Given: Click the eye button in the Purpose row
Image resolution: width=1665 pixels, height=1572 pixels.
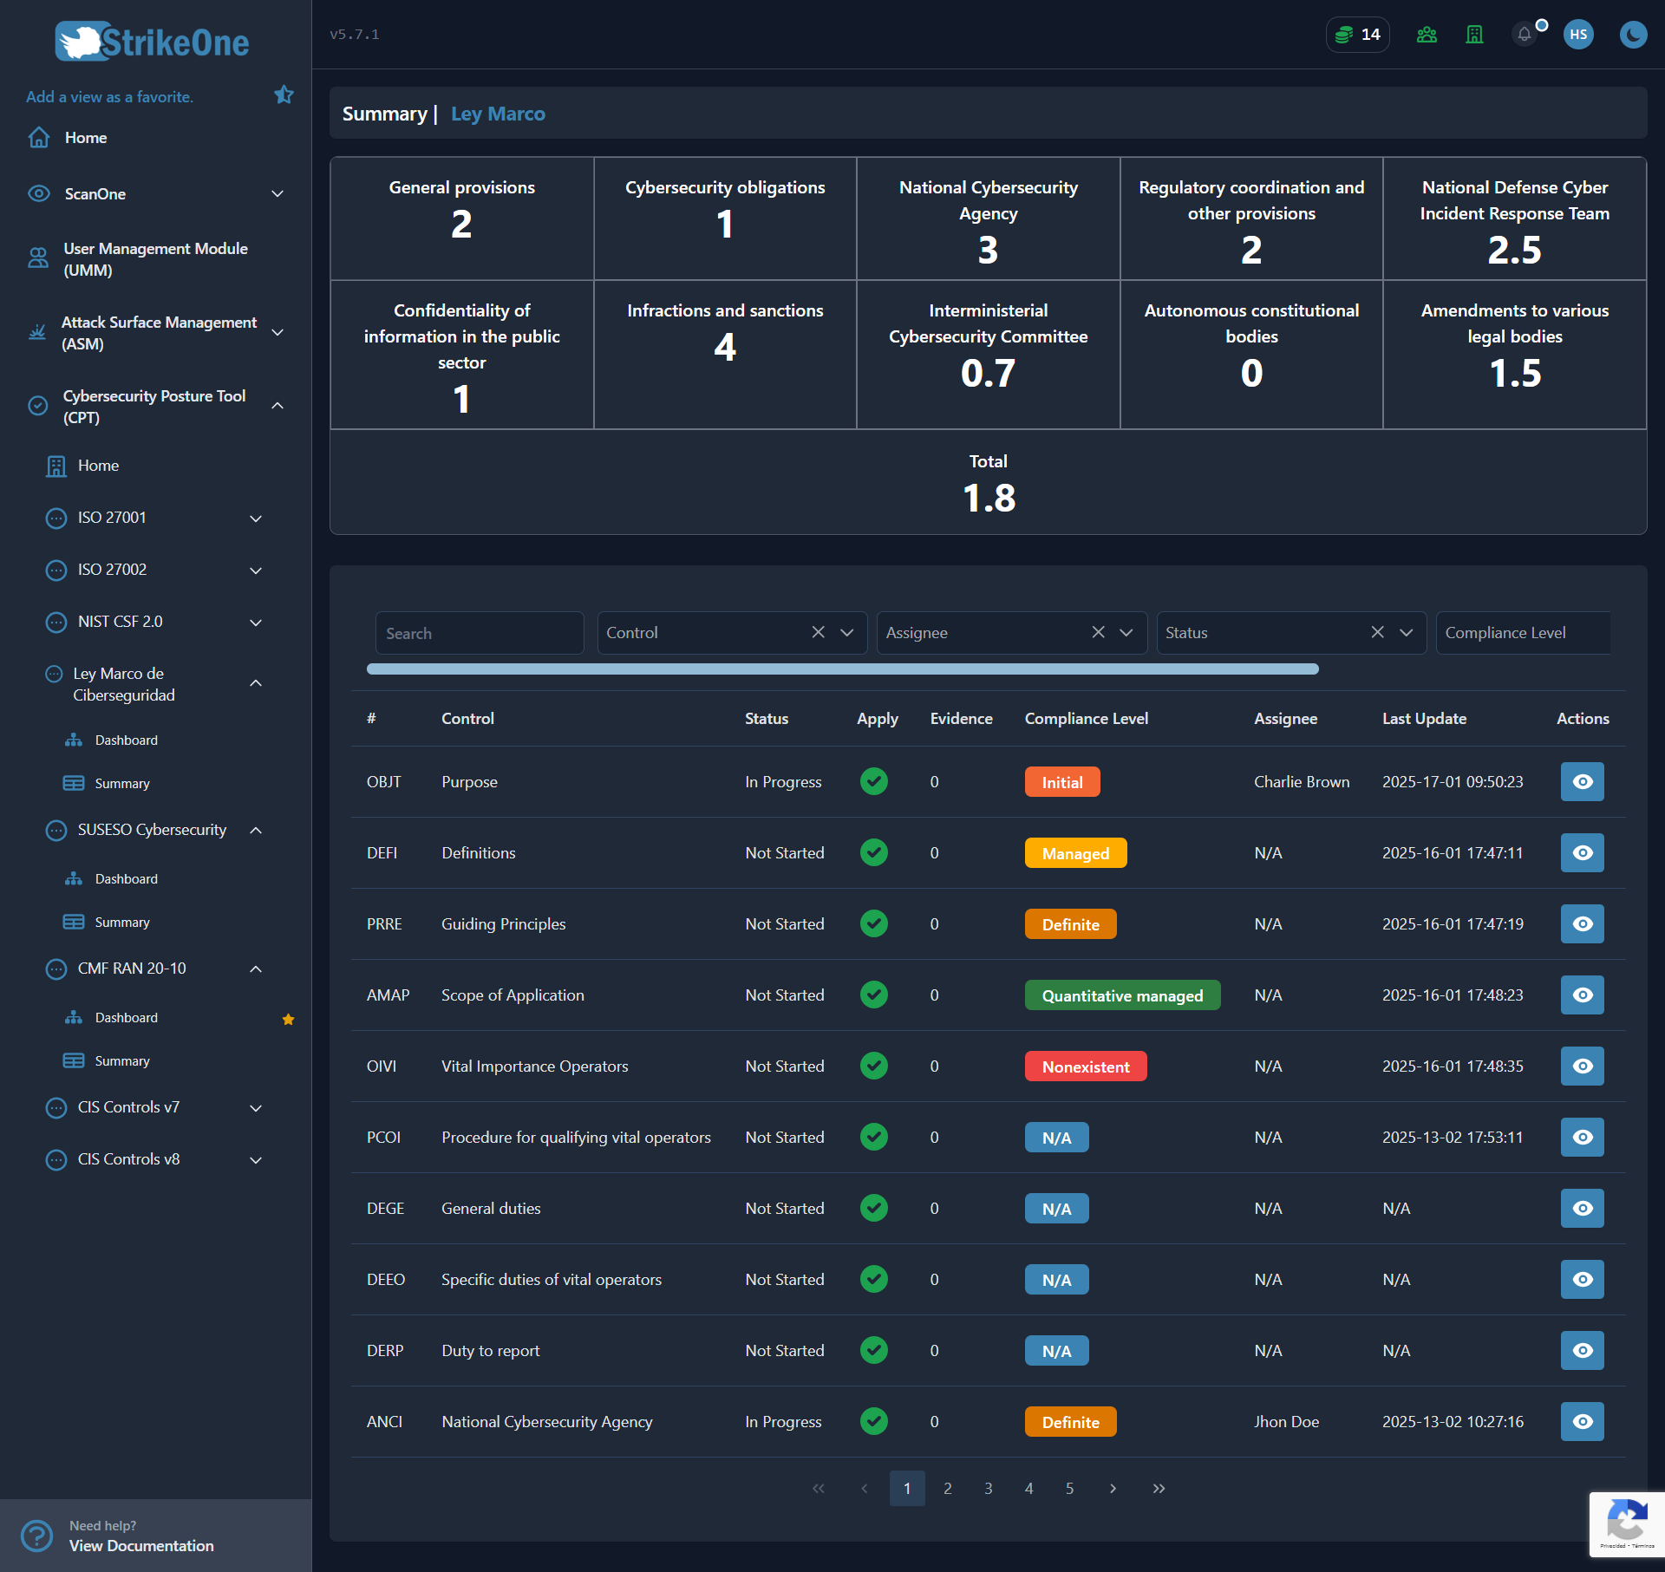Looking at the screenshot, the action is click(x=1582, y=781).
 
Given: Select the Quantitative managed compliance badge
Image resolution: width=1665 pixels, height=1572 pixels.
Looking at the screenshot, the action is click(x=1122, y=995).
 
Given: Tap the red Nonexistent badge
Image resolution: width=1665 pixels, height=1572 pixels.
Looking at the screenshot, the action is click(x=1086, y=1066).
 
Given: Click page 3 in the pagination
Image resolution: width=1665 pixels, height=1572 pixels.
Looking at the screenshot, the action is click(x=988, y=1488).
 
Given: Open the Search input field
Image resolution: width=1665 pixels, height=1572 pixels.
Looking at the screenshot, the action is click(x=480, y=633).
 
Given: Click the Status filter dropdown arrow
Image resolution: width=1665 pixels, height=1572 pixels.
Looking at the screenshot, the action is click(x=1407, y=632).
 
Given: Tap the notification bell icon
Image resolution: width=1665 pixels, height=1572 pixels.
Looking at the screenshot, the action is click(x=1524, y=35).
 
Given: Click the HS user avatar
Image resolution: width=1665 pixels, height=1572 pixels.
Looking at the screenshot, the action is click(x=1578, y=35).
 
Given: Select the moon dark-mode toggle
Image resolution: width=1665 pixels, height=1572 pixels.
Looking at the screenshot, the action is click(x=1633, y=35).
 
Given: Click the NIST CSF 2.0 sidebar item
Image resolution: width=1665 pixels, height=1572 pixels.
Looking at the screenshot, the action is click(x=120, y=622).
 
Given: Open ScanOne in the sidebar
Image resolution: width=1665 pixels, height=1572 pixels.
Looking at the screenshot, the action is click(x=95, y=194).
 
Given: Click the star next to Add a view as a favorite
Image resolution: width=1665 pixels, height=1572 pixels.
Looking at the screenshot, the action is click(x=284, y=95).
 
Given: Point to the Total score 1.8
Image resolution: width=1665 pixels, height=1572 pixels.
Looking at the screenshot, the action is click(x=989, y=499).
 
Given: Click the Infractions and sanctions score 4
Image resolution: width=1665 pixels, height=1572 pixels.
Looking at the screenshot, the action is click(x=725, y=348).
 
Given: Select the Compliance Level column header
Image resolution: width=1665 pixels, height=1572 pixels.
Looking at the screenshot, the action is click(x=1086, y=719).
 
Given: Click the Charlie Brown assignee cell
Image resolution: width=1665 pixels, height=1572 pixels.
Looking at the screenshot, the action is click(x=1301, y=782).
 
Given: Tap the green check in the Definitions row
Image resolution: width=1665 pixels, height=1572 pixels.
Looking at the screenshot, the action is click(x=874, y=852).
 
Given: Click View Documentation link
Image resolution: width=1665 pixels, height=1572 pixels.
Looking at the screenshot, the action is click(x=141, y=1546).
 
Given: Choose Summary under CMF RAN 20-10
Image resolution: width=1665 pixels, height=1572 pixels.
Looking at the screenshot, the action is click(x=122, y=1061).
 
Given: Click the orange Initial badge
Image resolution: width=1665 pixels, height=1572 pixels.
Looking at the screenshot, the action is click(x=1062, y=782).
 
